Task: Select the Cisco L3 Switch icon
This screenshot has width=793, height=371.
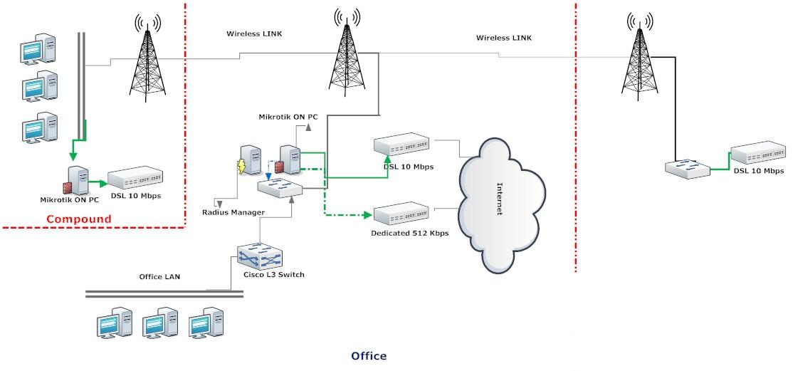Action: point(260,256)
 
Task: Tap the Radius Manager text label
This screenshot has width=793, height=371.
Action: point(233,212)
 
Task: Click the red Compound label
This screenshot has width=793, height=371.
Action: point(79,219)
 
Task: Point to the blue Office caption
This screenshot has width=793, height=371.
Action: point(369,355)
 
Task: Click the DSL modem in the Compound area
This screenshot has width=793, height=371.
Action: point(135,182)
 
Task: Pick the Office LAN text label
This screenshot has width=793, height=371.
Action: point(159,276)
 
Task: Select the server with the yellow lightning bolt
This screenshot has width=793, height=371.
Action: point(249,162)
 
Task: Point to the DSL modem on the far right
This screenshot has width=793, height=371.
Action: point(758,155)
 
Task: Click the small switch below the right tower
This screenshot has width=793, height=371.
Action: point(686,169)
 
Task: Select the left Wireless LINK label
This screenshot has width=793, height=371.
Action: point(255,33)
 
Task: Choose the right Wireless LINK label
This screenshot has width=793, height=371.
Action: point(503,37)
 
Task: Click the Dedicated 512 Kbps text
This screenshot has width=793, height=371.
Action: point(410,233)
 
